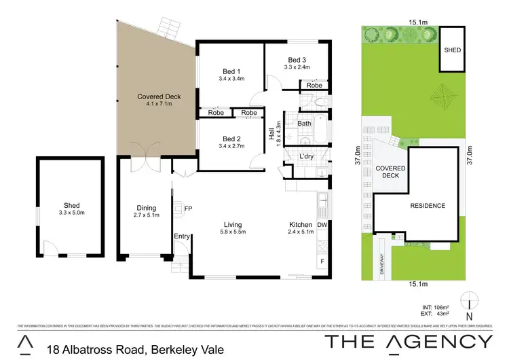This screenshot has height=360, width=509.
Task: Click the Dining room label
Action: pyautogui.click(x=146, y=208)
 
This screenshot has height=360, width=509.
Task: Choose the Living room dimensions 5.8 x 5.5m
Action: pyautogui.click(x=233, y=232)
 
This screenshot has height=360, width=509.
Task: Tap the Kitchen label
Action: pyautogui.click(x=301, y=225)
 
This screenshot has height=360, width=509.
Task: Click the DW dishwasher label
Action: pyautogui.click(x=322, y=225)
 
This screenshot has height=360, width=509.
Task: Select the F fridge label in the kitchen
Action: pyautogui.click(x=322, y=261)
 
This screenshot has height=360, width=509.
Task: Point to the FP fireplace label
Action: pyautogui.click(x=188, y=209)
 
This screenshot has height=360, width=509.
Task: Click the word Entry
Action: pyautogui.click(x=183, y=236)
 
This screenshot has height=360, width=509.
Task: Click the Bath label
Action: pyautogui.click(x=304, y=124)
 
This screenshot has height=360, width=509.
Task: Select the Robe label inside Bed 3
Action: pyautogui.click(x=314, y=86)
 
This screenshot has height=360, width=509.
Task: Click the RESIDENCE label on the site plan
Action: pyautogui.click(x=428, y=206)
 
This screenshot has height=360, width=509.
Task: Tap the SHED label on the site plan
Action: pyautogui.click(x=452, y=50)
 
